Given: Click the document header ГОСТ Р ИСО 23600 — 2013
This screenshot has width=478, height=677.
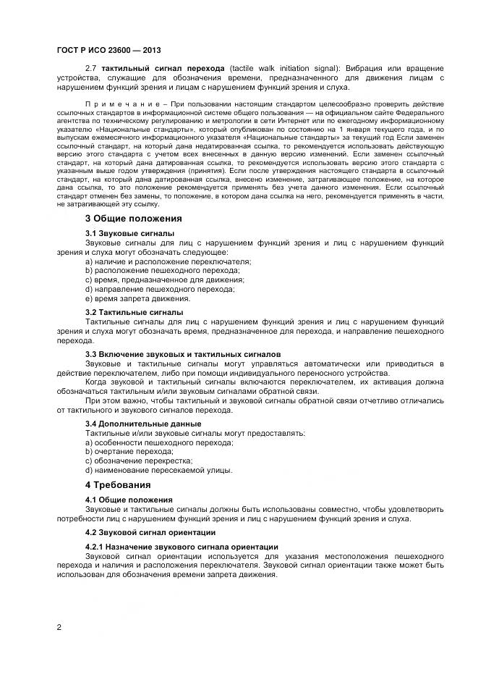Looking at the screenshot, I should point(108,50).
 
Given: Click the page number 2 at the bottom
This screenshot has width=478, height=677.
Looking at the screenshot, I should point(59,626).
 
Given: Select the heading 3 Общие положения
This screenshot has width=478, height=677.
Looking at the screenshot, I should point(133,218).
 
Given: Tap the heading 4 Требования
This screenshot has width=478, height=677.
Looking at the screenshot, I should point(118,484).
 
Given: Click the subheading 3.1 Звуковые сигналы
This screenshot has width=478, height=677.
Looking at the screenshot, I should point(129,233).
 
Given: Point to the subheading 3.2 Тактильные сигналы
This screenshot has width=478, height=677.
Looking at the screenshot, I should point(134,311).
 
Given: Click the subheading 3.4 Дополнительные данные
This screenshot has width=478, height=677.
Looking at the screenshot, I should point(143,423).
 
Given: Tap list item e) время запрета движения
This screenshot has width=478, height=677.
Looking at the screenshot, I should point(127,298).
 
